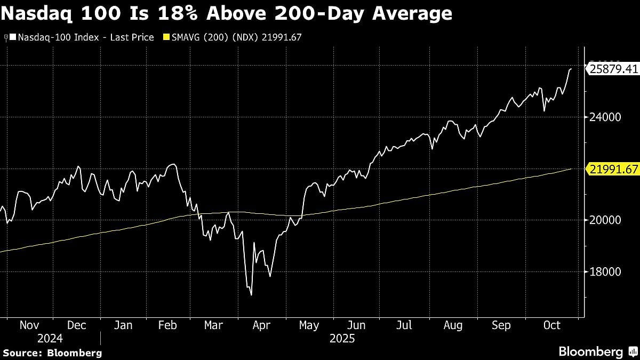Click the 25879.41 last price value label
point(612,69)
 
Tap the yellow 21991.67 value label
point(612,169)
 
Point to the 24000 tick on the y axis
point(601,117)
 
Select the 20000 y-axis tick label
point(601,220)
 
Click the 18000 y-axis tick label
point(601,272)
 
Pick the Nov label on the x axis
point(30,325)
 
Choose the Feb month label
point(169,325)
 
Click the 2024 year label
point(50,338)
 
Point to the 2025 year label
point(341,338)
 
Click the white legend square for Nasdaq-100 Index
point(13,37)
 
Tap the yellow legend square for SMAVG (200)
point(165,37)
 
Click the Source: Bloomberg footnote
point(52,353)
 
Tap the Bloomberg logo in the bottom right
point(590,351)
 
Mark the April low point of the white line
point(251,294)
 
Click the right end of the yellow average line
point(571,169)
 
